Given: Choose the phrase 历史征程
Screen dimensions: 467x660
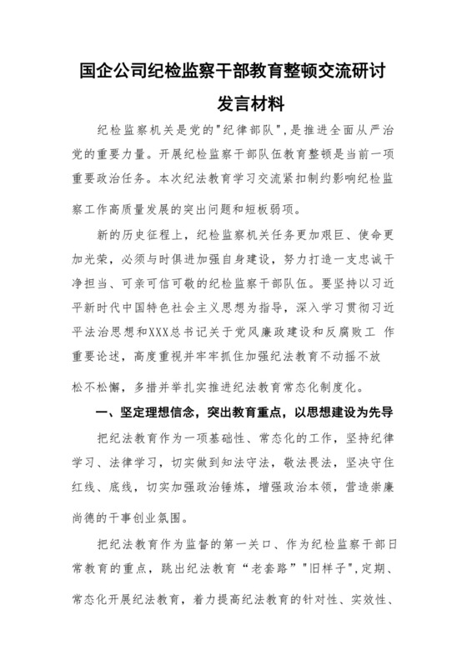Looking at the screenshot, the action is (x=147, y=237).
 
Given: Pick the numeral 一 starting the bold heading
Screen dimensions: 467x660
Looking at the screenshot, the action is (x=104, y=392).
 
